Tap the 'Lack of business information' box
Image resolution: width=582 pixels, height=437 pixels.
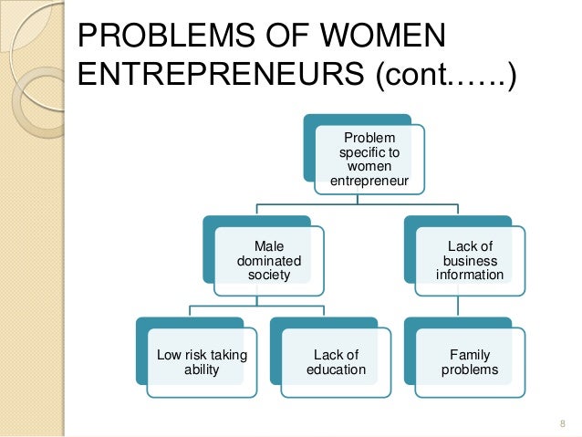[469, 260]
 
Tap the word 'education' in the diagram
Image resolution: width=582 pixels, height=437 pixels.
[335, 370]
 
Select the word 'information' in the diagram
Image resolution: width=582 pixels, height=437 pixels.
[469, 274]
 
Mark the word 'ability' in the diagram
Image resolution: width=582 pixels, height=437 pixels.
[202, 370]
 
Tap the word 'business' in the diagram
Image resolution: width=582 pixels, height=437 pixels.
[469, 260]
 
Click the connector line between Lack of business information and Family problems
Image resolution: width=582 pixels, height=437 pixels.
[469, 307]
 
